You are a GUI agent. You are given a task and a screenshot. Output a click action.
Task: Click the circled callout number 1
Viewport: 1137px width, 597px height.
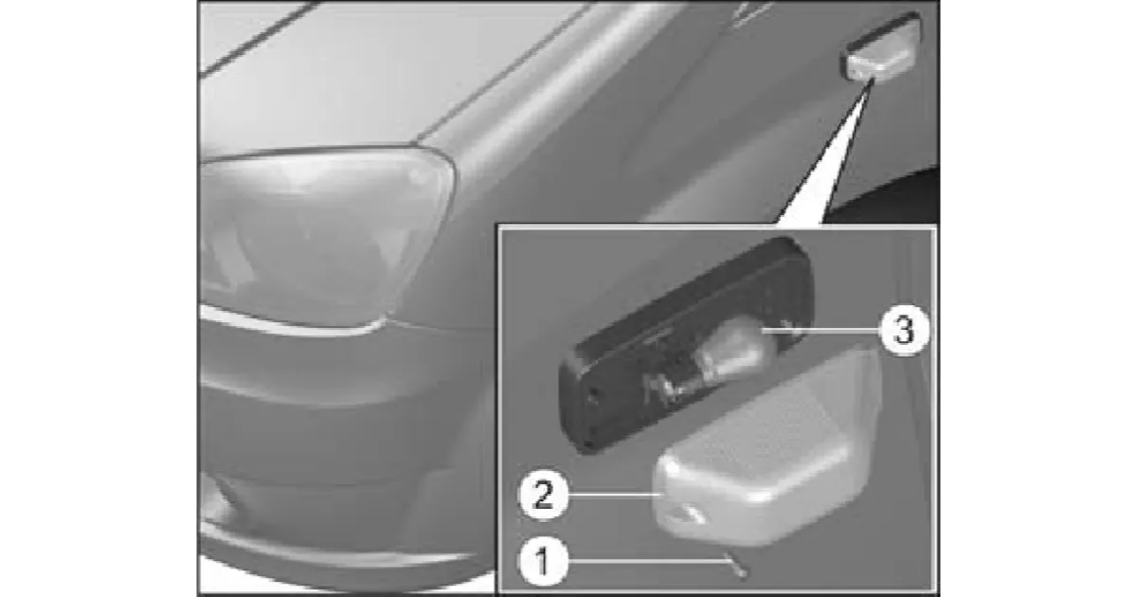[543, 562]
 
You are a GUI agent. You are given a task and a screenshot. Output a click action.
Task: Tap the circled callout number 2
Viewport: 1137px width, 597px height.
[543, 495]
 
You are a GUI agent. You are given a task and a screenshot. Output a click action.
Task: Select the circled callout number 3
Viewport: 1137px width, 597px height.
[905, 331]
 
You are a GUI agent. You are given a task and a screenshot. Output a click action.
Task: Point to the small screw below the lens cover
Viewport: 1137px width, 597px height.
[737, 566]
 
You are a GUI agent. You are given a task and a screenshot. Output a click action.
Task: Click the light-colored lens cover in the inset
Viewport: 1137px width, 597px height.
[767, 452]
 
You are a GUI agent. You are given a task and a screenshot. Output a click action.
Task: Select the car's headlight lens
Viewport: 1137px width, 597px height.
[325, 239]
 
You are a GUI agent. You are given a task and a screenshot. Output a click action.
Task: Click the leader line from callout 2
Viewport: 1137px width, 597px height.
[613, 494]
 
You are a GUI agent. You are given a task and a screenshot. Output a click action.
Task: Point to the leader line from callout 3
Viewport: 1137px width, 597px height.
[821, 330]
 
